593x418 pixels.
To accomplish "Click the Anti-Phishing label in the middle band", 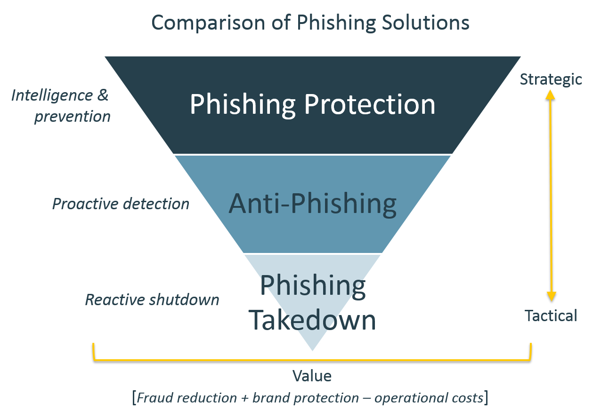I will (x=312, y=204).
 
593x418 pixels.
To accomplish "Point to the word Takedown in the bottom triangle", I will (x=312, y=320).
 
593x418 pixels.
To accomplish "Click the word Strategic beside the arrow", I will (x=551, y=79).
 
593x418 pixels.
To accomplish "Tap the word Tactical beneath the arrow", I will (x=551, y=315).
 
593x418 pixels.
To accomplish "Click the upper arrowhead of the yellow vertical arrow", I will (x=551, y=94).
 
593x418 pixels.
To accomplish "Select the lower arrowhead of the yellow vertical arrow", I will (x=551, y=296).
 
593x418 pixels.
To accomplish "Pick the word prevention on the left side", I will (x=72, y=116).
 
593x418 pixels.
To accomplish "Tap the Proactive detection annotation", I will (x=121, y=204).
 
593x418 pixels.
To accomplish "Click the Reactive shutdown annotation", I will (x=152, y=300).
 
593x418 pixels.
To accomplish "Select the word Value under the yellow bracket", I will (x=312, y=376).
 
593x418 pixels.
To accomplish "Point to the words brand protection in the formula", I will (x=305, y=398).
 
